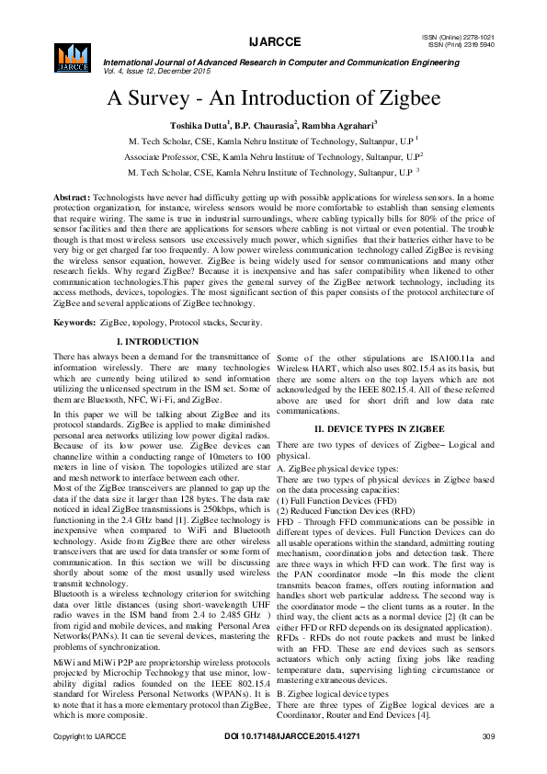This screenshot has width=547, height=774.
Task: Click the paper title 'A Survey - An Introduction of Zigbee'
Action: pos(273,98)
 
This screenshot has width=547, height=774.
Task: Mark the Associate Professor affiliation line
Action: pos(273,156)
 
